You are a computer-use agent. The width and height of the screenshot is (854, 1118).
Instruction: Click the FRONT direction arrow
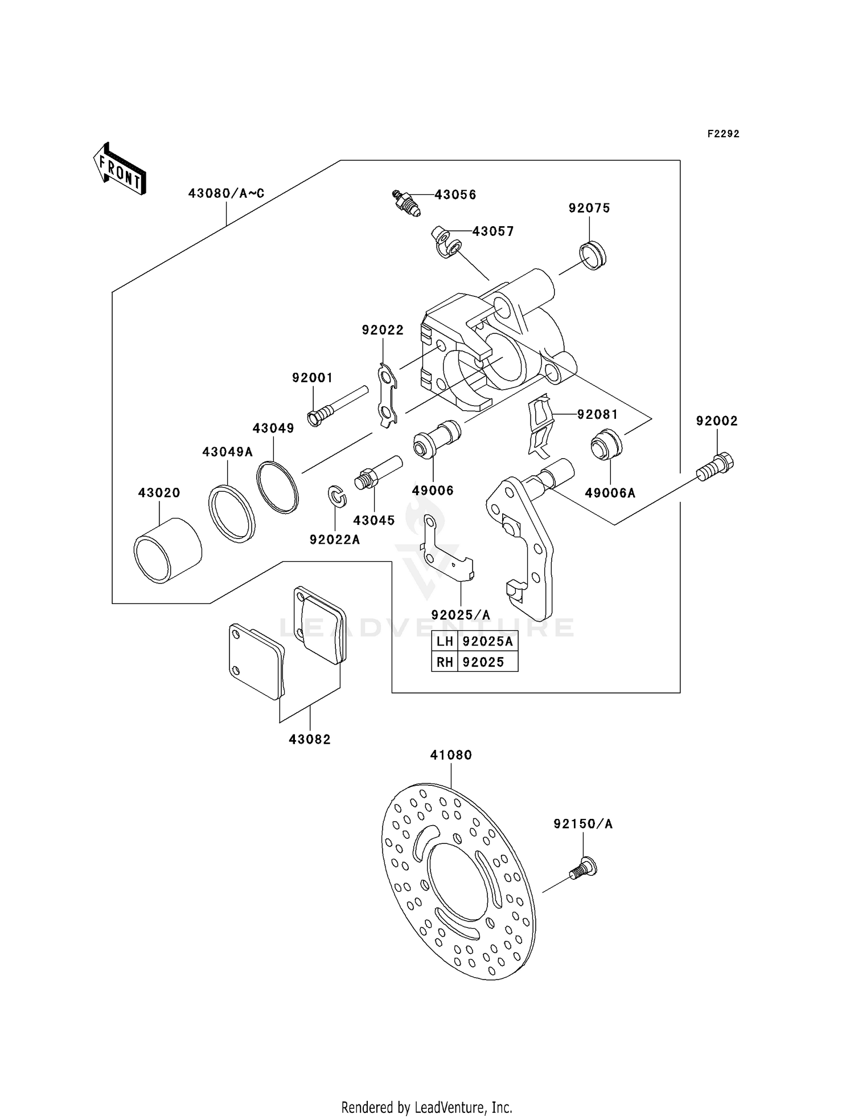pos(120,169)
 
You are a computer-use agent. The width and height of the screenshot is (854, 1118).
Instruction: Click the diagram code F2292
pos(723,134)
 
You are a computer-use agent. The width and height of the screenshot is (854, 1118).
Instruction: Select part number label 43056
pos(455,195)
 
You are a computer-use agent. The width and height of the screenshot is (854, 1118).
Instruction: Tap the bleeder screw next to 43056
pos(407,203)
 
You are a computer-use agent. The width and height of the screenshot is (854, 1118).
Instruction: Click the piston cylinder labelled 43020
pos(167,551)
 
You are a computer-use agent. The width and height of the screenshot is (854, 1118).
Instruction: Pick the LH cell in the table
pos(445,642)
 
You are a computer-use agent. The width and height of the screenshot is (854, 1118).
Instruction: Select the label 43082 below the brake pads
pos(309,740)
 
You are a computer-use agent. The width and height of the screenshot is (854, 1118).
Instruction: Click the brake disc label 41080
pos(451,755)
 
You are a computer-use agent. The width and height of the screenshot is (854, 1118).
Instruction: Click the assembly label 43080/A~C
pos(226,194)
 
